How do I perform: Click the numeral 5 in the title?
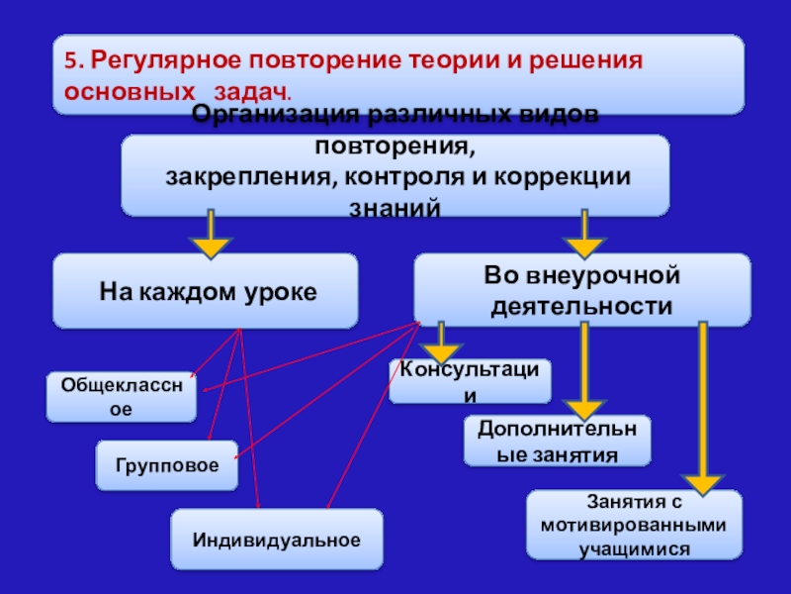[70, 58]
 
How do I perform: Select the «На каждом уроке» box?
[206, 291]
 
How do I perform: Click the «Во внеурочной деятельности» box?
[580, 291]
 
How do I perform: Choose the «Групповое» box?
[166, 464]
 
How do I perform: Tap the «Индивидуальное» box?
[276, 540]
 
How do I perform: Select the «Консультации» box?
[470, 381]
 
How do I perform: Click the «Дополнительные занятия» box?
[558, 442]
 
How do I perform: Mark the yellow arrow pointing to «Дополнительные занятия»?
[584, 371]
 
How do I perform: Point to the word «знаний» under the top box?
[395, 209]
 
